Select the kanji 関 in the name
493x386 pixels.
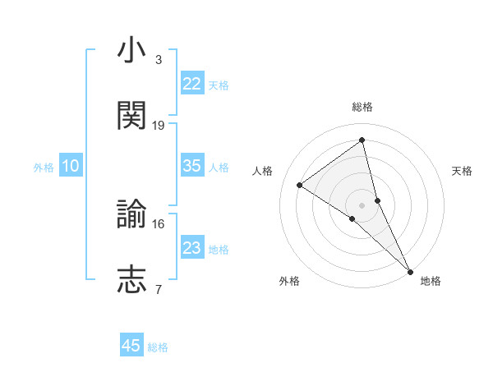coord(131,117)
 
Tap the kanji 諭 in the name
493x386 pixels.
coord(131,216)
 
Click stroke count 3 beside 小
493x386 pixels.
coord(159,60)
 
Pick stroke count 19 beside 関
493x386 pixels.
coord(159,125)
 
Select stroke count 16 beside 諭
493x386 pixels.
coord(159,223)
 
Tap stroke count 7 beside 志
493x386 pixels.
coord(159,288)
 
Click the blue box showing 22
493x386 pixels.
coord(192,84)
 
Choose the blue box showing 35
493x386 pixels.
coord(192,166)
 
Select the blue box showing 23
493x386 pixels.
coord(192,248)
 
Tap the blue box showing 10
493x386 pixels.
coord(71,166)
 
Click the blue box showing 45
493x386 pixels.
coord(131,346)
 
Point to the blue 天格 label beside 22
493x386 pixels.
coord(219,85)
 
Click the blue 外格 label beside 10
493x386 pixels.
coord(44,167)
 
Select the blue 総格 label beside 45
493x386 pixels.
coord(158,347)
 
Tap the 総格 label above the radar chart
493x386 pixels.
coord(362,108)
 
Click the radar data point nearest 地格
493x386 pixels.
coord(411,270)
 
